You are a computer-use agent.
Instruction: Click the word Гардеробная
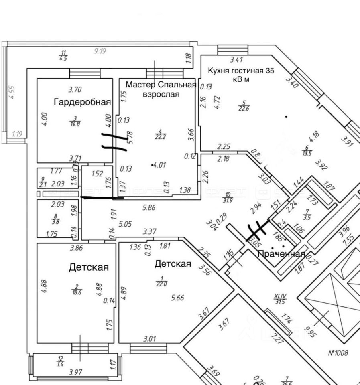(x=82, y=102)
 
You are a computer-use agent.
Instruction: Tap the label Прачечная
(x=281, y=254)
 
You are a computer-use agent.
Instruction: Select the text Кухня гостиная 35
(x=241, y=71)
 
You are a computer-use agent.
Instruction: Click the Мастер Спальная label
(x=161, y=85)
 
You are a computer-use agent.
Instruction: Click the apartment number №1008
(x=338, y=353)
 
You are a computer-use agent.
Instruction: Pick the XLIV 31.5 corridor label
(x=279, y=299)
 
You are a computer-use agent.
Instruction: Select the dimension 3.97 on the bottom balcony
(x=76, y=373)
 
